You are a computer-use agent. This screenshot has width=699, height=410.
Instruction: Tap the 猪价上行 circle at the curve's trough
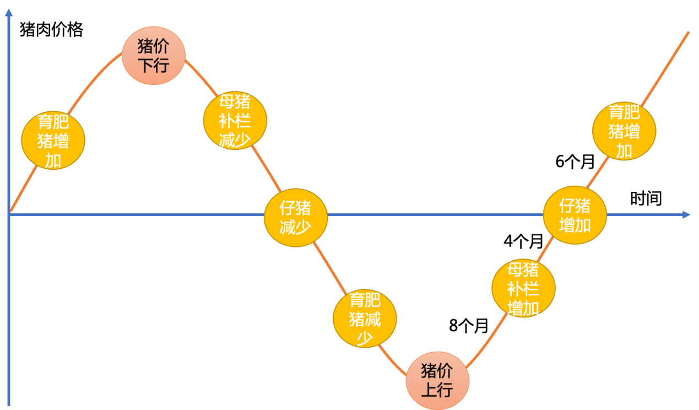[437, 381]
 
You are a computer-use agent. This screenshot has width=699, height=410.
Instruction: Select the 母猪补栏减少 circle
[235, 121]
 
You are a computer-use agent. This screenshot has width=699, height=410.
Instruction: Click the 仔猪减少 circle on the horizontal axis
[296, 215]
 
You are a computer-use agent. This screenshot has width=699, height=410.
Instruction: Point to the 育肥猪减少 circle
[365, 319]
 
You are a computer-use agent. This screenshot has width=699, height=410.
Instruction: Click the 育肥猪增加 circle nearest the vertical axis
[53, 141]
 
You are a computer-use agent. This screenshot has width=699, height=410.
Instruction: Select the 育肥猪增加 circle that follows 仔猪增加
[624, 131]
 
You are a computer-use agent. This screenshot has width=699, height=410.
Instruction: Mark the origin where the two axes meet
[9, 214]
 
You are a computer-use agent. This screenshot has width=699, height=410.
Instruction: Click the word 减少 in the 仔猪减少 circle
[296, 225]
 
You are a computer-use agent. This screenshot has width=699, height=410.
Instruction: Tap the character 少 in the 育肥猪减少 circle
[365, 337]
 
